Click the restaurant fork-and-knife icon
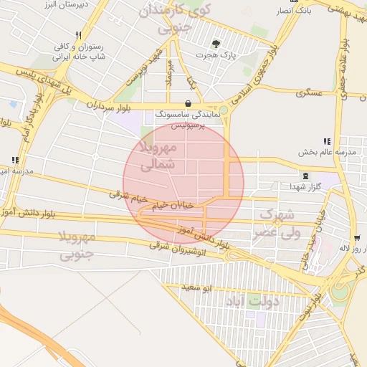pos(79,34)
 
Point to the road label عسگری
pos(315,92)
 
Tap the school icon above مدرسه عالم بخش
pos(327,142)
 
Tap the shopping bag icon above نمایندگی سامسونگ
pos(188,103)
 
